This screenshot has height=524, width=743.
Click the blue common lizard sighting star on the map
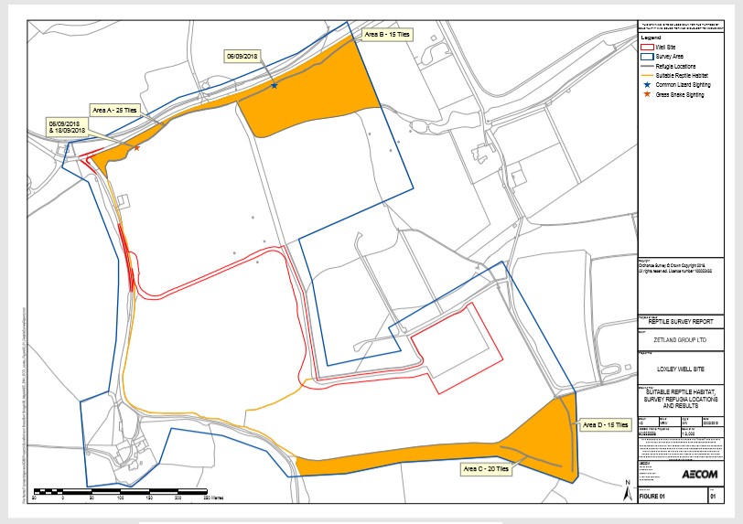click(275, 86)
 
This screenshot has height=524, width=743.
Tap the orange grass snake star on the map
click(136, 147)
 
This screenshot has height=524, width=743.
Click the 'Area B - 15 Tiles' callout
click(386, 35)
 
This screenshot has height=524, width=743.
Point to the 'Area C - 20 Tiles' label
click(487, 469)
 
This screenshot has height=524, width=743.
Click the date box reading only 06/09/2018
click(244, 56)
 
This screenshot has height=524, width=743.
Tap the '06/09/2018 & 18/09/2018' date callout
click(65, 126)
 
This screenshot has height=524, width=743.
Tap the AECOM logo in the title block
click(701, 475)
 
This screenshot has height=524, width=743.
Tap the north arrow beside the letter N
click(623, 493)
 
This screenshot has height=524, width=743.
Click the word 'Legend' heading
click(651, 37)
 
